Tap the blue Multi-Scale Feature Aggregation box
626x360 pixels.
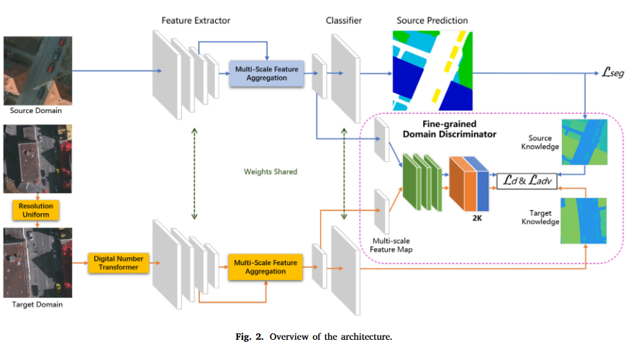(266, 72)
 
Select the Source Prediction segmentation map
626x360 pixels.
(432, 70)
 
